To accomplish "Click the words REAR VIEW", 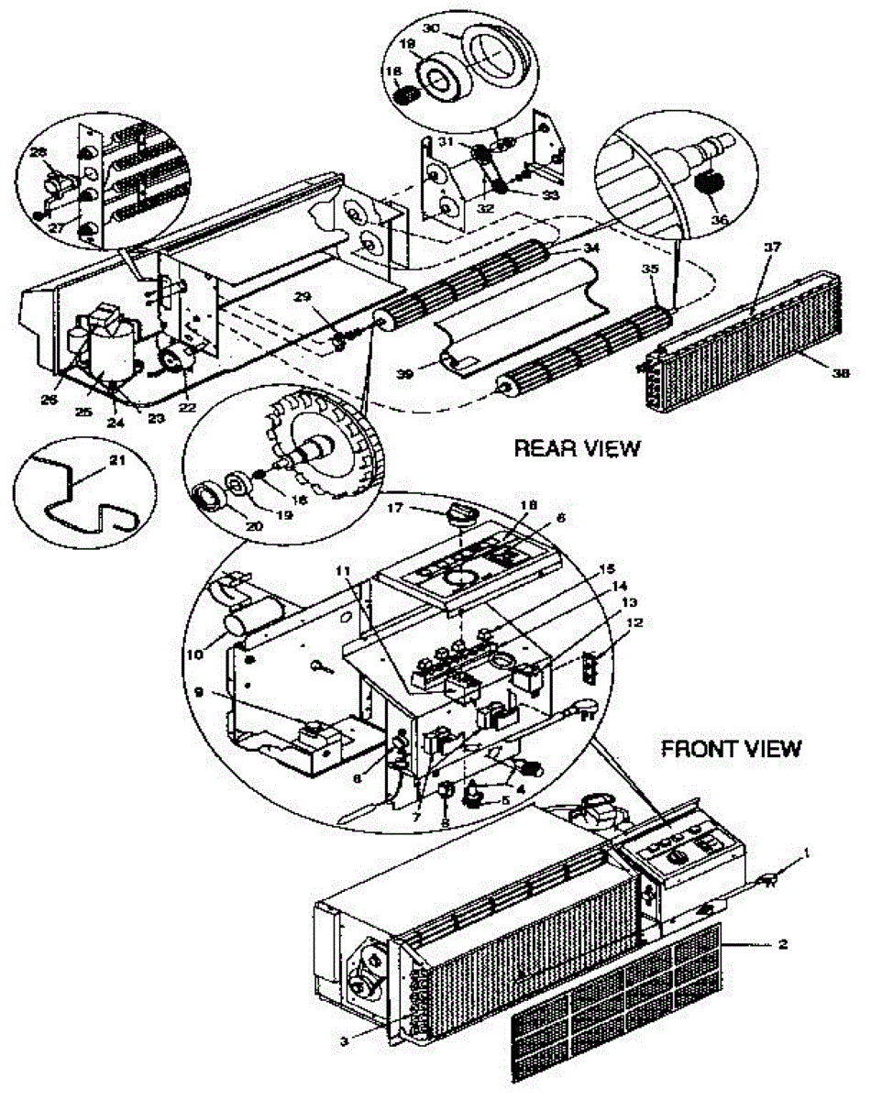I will click(577, 448).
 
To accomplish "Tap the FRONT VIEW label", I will click(732, 749).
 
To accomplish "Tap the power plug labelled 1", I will click(770, 884).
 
